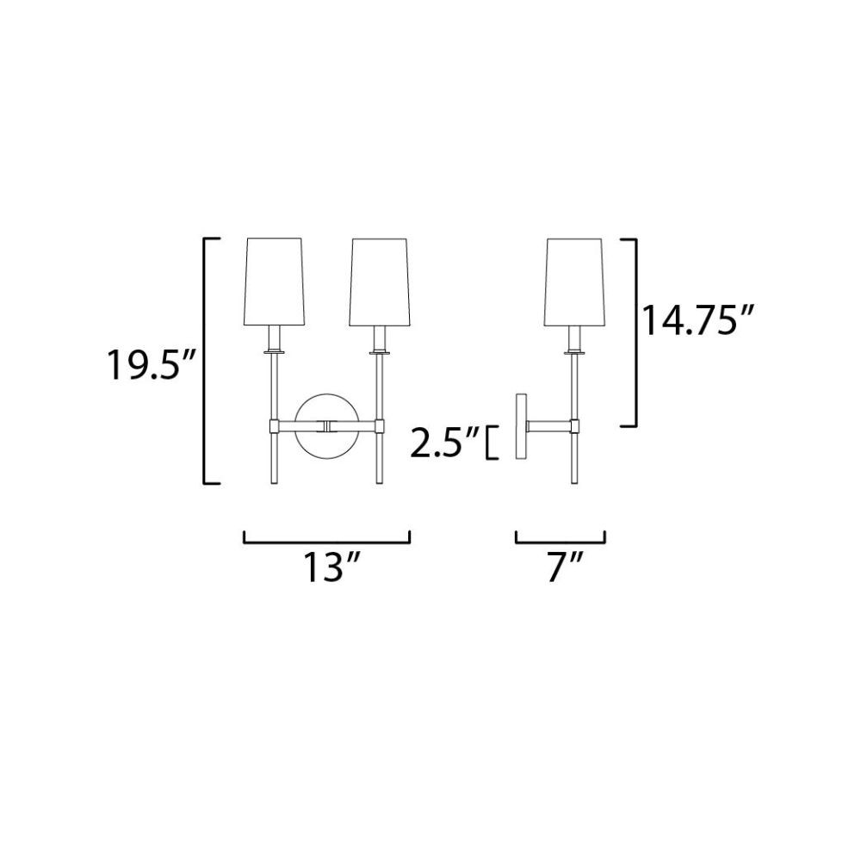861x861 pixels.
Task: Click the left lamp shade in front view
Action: tap(274, 282)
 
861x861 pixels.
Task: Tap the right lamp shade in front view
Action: tap(379, 282)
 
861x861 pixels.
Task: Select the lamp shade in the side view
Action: tap(574, 282)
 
